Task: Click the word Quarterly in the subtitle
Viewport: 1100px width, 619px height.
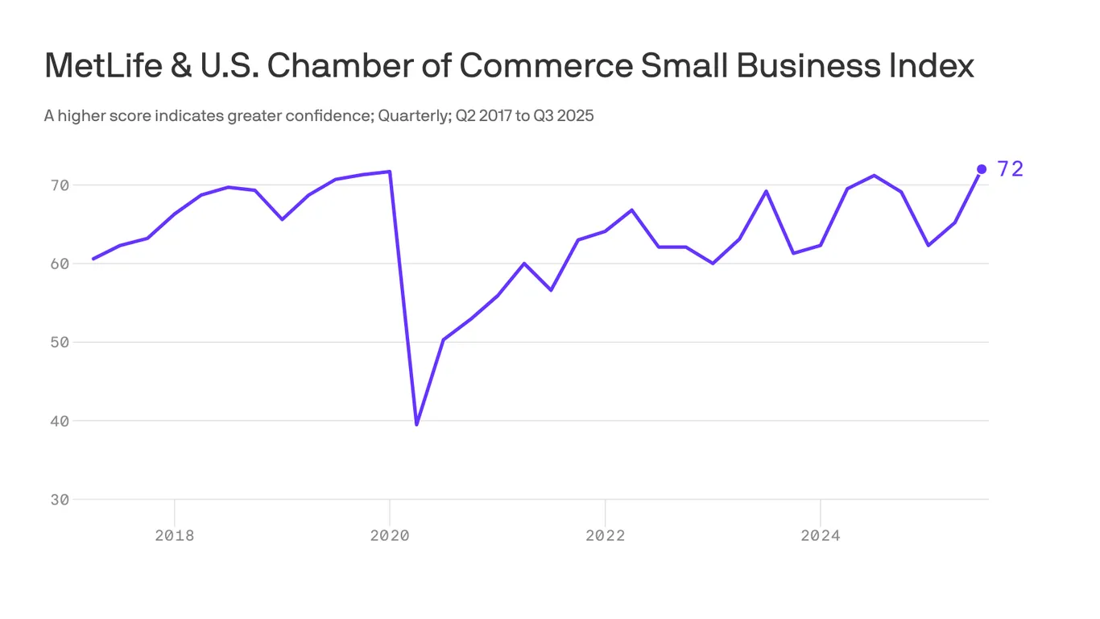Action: (413, 116)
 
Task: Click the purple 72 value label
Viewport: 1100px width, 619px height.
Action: (1010, 169)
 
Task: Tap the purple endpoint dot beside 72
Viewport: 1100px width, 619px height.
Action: (981, 169)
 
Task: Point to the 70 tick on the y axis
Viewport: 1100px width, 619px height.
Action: (60, 185)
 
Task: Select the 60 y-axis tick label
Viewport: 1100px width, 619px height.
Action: (60, 264)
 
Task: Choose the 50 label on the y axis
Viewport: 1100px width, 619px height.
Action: (60, 343)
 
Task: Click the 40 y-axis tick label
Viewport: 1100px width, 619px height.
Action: (60, 421)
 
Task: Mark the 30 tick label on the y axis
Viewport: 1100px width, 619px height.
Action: (60, 500)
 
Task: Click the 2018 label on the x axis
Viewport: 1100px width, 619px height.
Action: (175, 535)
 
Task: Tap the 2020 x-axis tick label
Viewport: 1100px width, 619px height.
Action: (390, 535)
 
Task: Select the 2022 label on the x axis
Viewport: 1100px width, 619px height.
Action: (605, 535)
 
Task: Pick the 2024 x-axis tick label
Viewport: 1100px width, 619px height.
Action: (820, 535)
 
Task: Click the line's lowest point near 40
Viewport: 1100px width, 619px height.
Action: (416, 424)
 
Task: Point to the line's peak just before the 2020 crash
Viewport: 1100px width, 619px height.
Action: (390, 172)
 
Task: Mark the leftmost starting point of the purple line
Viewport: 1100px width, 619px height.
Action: (93, 259)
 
